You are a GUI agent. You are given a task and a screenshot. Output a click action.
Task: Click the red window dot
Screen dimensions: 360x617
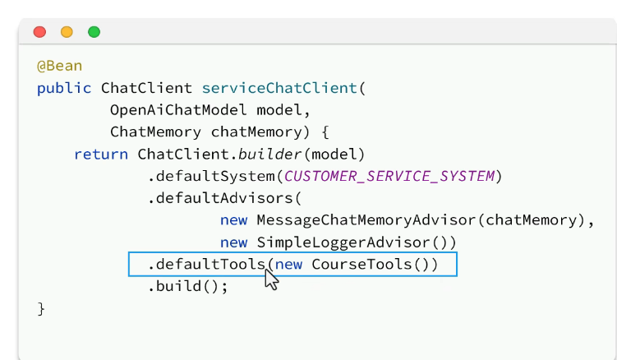coord(39,32)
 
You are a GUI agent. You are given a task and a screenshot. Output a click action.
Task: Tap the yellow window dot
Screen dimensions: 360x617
coord(67,32)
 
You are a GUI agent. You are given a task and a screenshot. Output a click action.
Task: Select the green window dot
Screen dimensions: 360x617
coord(94,32)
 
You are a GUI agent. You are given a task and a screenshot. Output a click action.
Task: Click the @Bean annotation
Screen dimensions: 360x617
coord(59,66)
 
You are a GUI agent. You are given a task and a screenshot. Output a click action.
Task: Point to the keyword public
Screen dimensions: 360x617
coord(64,88)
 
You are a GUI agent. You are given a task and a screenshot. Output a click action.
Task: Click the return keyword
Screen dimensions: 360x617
coord(101,155)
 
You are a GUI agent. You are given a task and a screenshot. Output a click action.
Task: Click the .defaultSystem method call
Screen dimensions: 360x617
coord(211,177)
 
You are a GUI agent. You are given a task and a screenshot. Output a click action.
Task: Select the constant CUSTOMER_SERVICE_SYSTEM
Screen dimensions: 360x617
coord(390,177)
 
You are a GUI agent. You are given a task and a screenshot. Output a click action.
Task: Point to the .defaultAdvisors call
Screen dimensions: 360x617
coord(220,199)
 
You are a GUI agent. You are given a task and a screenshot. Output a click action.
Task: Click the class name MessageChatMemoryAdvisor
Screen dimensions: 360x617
coord(367,220)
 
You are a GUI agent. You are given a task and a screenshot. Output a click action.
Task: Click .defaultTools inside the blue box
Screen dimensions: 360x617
coord(206,265)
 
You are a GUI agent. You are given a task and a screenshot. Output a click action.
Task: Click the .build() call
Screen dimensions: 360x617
coord(188,287)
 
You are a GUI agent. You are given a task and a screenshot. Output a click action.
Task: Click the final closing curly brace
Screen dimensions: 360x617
coord(41,309)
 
